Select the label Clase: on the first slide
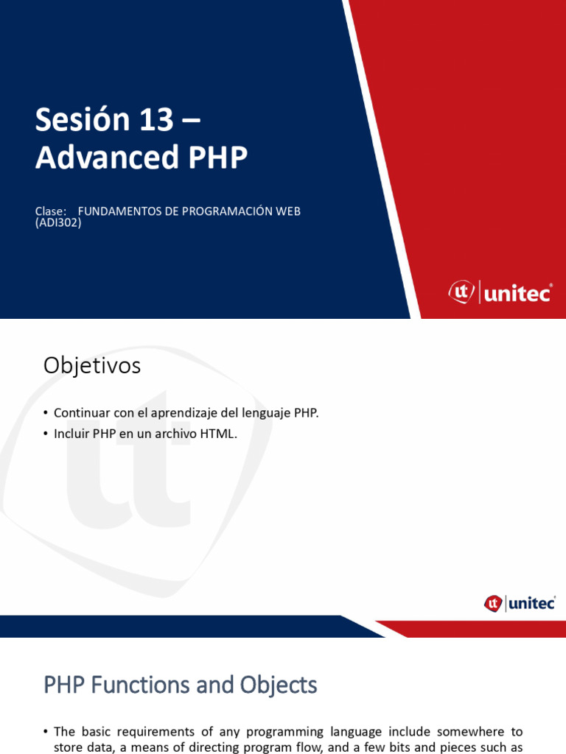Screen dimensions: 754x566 (51, 211)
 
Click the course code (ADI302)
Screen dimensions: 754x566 (58, 222)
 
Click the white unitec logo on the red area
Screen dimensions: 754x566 (500, 293)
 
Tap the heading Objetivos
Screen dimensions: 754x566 (92, 365)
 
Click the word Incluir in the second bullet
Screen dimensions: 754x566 (71, 434)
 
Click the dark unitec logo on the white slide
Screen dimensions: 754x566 (520, 604)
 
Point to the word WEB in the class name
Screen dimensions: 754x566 (288, 211)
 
